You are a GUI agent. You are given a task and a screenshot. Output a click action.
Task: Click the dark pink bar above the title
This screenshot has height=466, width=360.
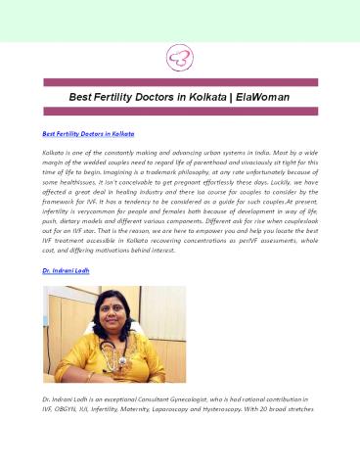click(x=179, y=83)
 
